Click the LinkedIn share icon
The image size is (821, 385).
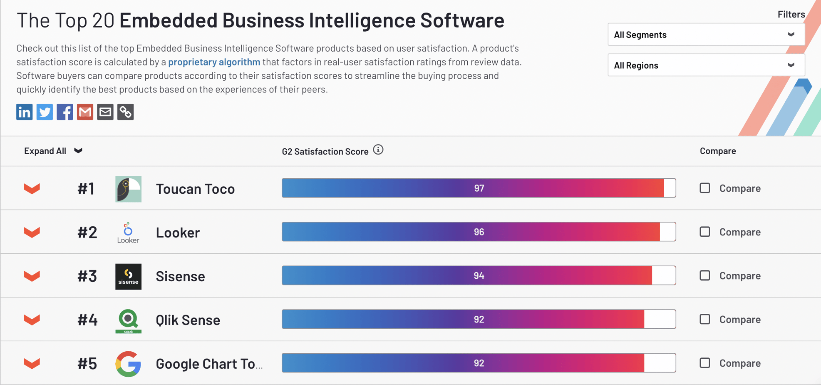point(24,112)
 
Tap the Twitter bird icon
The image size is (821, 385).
point(45,112)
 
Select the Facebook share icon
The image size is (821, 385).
point(65,112)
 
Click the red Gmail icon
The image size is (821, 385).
point(85,112)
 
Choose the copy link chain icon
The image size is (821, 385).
point(125,112)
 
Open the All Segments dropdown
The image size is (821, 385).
point(706,35)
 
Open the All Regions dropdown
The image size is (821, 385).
point(706,65)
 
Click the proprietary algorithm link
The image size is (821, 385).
point(214,62)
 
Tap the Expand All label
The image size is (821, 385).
point(45,151)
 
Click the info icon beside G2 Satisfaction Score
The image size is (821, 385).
point(378,150)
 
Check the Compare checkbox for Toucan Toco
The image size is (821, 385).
point(704,188)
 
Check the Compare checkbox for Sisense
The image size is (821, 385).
point(704,275)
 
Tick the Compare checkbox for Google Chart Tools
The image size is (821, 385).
point(704,363)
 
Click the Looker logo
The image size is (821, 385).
point(128,232)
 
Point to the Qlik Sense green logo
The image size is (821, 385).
point(128,320)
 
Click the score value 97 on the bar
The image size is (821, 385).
point(479,188)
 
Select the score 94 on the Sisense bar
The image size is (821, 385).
point(479,276)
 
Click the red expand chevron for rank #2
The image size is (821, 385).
point(32,232)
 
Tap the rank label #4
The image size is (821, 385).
point(87,320)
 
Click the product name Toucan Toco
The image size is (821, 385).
point(195,189)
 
